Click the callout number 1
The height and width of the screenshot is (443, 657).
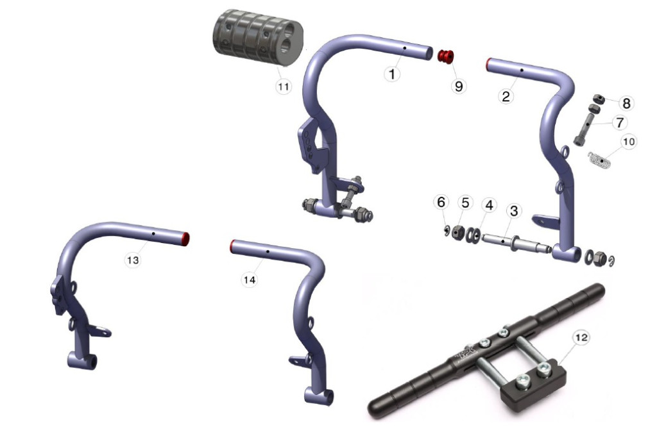click(392, 74)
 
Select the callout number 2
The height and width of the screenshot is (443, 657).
click(506, 97)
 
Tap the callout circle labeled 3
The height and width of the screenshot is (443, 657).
click(514, 211)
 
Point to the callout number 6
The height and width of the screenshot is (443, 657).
click(441, 202)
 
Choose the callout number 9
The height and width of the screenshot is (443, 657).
click(459, 87)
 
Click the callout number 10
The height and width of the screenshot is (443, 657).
click(629, 142)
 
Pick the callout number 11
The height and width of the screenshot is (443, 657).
click(284, 87)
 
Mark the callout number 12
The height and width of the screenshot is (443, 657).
click(581, 337)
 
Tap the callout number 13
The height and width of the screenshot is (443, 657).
click(133, 260)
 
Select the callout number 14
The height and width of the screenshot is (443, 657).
click(250, 280)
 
